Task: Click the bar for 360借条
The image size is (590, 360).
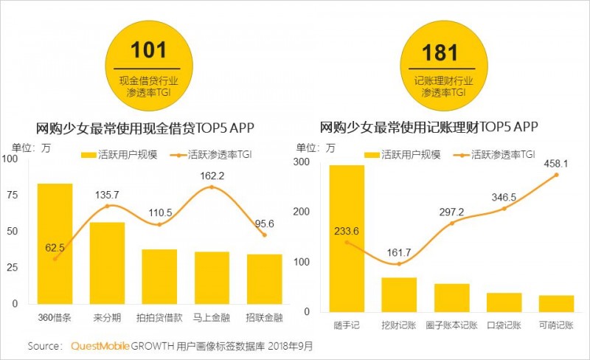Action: (x=55, y=243)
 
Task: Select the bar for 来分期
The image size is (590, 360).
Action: (x=108, y=263)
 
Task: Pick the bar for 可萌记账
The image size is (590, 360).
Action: (x=556, y=305)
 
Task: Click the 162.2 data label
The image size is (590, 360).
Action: (x=212, y=176)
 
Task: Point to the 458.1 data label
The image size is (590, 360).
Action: (x=555, y=163)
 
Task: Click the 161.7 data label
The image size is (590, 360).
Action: (x=399, y=251)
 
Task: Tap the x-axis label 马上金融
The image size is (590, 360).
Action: (x=212, y=319)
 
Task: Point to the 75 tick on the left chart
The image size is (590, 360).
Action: (x=12, y=195)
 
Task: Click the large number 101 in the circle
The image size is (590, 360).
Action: (x=149, y=51)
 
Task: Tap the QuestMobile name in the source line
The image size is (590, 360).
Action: (x=100, y=345)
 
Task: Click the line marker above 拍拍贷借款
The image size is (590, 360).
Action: (x=160, y=224)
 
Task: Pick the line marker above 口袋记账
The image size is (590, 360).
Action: (x=504, y=209)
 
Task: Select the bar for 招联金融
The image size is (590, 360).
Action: (x=264, y=279)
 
